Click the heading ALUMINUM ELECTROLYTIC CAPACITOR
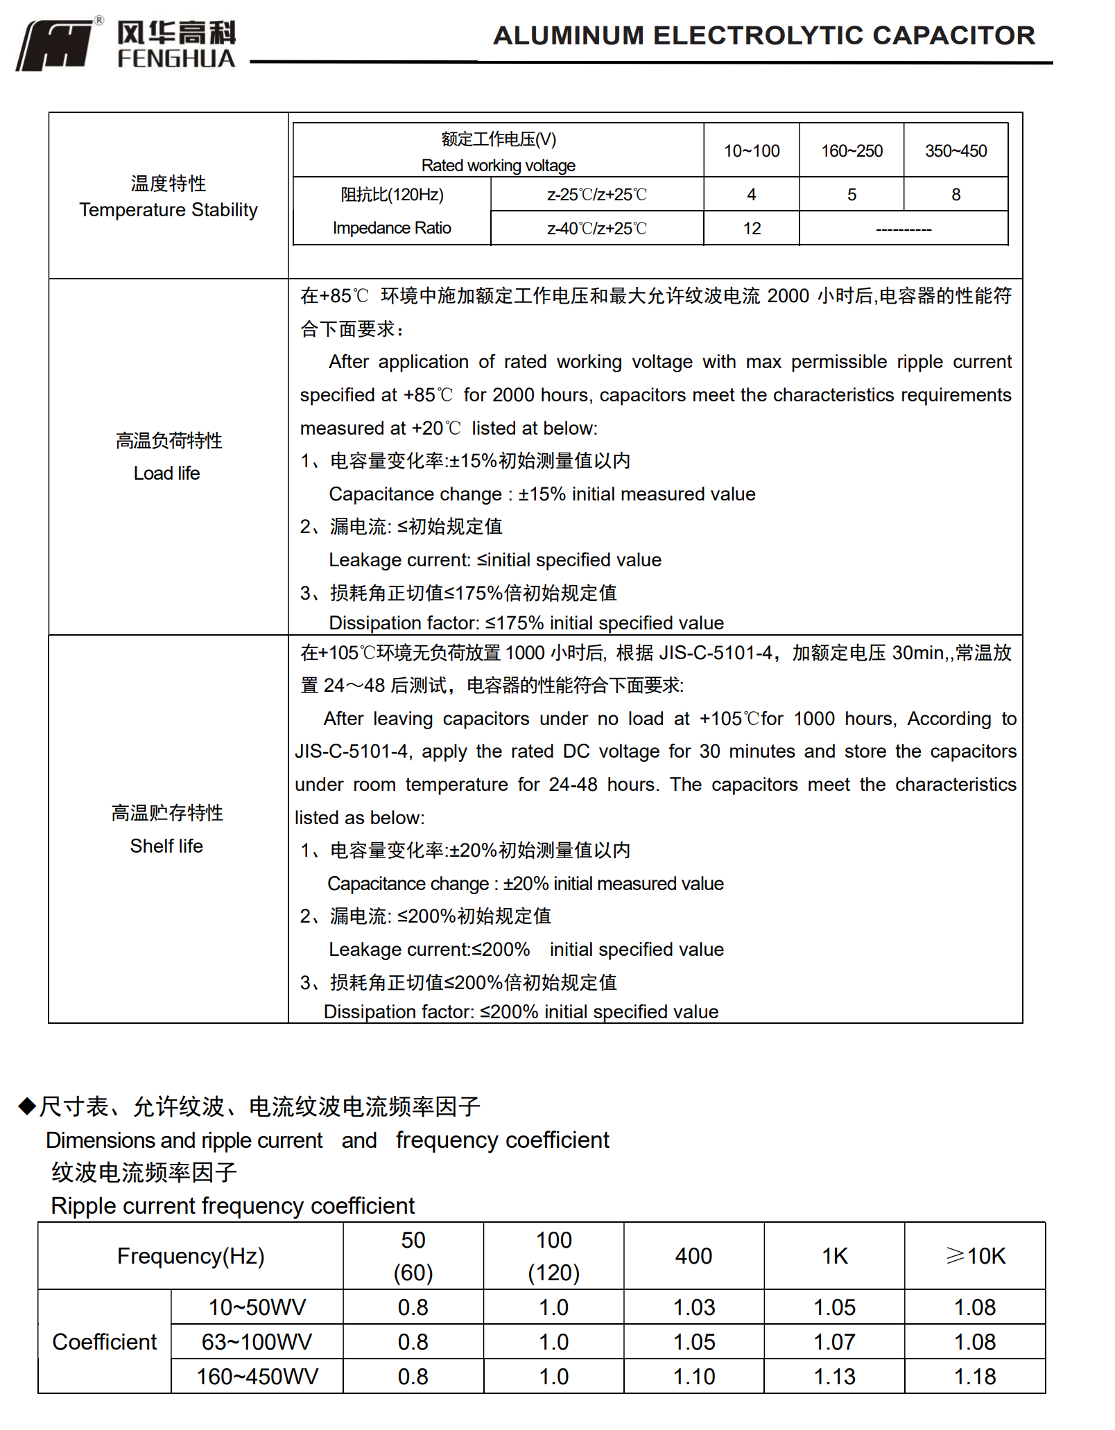click(x=763, y=35)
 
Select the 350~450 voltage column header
click(x=956, y=151)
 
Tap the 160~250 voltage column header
click(x=852, y=151)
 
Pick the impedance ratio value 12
click(x=752, y=229)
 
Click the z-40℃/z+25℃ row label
click(x=597, y=229)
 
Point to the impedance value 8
click(x=956, y=195)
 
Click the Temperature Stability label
click(x=168, y=209)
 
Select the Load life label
click(x=167, y=473)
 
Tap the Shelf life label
click(x=166, y=846)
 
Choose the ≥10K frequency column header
click(x=975, y=1256)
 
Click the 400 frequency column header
click(x=693, y=1256)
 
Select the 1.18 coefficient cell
click(x=975, y=1377)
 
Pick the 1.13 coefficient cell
click(x=834, y=1377)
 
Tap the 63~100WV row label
click(x=257, y=1342)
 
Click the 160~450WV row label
click(x=257, y=1377)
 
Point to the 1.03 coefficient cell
click(x=694, y=1307)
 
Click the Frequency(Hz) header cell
click(x=191, y=1256)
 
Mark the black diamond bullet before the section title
click(x=27, y=1106)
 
